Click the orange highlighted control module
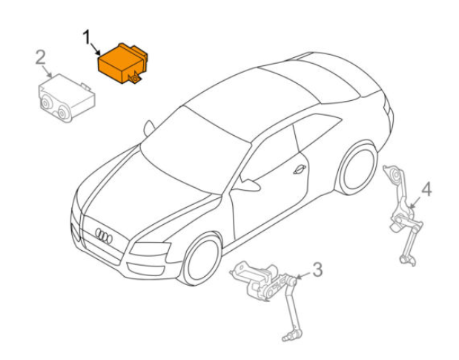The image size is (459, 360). [122, 64]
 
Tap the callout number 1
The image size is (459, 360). [86, 38]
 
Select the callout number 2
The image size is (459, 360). [41, 57]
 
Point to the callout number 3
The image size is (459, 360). [317, 269]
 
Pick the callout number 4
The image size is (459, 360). [426, 189]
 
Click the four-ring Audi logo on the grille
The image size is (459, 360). [104, 235]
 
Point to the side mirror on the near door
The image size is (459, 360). [248, 184]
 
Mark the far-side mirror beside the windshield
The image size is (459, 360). [149, 128]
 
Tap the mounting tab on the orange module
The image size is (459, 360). [135, 79]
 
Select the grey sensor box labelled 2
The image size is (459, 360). [67, 98]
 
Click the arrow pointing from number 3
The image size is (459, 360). [303, 275]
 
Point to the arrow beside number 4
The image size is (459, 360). [415, 202]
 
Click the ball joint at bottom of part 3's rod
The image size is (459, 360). [288, 337]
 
